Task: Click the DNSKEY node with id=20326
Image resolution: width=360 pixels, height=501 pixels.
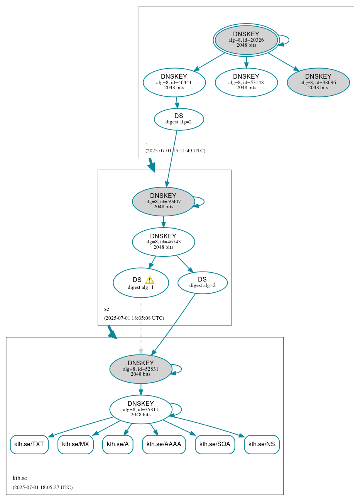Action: [x=246, y=40]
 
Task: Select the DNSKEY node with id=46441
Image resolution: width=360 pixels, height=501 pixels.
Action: [x=174, y=82]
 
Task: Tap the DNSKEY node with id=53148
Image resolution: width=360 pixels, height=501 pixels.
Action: [x=246, y=82]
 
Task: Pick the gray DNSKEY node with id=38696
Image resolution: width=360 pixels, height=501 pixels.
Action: [x=318, y=82]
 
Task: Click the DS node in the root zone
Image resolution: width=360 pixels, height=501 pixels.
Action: [x=179, y=119]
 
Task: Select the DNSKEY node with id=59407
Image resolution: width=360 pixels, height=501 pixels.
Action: [x=163, y=201]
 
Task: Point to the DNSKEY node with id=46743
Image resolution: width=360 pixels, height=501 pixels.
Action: [x=163, y=242]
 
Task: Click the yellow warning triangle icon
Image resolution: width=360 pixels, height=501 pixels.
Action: [x=149, y=280]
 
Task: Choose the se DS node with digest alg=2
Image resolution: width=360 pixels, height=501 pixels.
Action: [x=202, y=283]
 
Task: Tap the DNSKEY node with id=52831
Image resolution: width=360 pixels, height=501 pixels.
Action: [x=140, y=369]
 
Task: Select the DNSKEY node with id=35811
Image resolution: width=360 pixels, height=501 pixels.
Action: [x=140, y=409]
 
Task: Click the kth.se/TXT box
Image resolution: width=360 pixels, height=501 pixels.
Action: [x=29, y=444]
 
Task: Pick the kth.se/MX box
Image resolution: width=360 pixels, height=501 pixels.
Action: [x=76, y=444]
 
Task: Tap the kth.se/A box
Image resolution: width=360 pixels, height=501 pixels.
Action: [x=118, y=444]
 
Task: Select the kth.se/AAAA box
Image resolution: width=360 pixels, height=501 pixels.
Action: [x=164, y=444]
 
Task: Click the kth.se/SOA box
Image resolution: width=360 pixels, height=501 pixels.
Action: [x=215, y=444]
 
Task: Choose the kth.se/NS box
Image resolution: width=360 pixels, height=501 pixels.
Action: [x=262, y=444]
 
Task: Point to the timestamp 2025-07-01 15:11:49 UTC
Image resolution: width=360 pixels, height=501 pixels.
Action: [x=175, y=151]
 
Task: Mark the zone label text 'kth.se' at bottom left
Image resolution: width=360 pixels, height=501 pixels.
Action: [x=20, y=478]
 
